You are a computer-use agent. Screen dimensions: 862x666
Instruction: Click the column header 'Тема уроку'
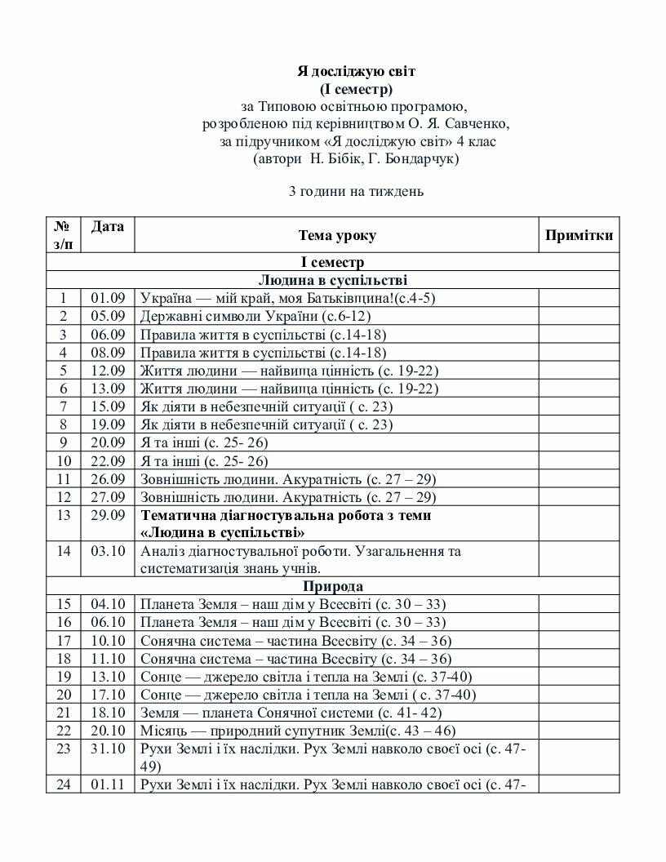pos(336,236)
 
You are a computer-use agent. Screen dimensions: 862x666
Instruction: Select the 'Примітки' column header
pos(579,236)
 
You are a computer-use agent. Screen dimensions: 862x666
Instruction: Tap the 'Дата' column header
pos(107,226)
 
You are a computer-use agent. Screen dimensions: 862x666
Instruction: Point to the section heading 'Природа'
pos(333,586)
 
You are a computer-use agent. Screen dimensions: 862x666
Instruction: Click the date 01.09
pos(107,298)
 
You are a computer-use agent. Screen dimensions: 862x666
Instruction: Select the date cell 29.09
pos(107,515)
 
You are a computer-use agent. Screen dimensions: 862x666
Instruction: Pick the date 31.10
pos(107,749)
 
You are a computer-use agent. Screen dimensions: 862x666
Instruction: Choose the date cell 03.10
pos(107,551)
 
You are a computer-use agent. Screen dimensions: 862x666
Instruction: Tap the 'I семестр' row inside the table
pos(333,262)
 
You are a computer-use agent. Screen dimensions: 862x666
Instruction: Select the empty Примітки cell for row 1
pos(579,298)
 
